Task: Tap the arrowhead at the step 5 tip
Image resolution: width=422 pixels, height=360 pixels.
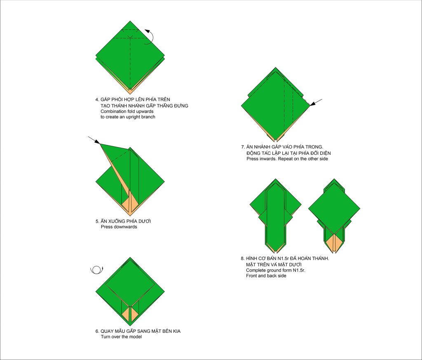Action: (97, 142)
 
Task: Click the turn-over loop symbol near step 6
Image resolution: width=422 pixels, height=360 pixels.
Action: (96, 270)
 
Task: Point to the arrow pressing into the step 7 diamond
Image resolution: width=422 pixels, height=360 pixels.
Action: (316, 102)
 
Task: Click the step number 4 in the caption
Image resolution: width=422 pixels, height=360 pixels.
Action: (97, 100)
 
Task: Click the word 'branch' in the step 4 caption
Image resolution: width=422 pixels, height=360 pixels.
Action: (148, 117)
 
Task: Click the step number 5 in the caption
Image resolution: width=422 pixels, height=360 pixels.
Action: (97, 222)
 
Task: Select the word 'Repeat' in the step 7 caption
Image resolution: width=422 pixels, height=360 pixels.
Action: (285, 159)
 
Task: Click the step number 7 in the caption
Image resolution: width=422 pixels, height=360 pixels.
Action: (243, 147)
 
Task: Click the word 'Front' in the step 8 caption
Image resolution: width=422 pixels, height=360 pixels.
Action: (252, 276)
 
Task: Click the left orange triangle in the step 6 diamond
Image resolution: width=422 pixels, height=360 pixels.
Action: (126, 315)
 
